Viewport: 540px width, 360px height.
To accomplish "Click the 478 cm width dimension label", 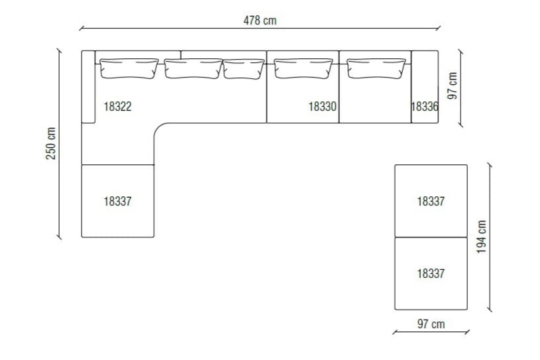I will point(260,21).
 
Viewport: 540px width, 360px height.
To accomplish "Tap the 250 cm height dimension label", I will point(51,143).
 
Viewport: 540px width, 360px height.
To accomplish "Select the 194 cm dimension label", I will point(482,237).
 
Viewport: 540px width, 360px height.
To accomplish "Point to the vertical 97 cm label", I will point(453,86).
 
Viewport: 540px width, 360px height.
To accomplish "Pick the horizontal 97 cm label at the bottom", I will point(431,324).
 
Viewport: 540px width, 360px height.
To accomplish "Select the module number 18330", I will point(323,105).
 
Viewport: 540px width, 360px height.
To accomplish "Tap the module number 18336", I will point(425,105).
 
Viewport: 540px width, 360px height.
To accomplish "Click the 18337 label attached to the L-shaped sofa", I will point(117,201).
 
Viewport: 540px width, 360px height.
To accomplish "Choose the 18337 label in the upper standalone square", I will point(431,201).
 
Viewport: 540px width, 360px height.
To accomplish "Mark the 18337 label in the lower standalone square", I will point(431,273).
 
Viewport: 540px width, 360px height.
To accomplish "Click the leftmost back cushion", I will point(129,68).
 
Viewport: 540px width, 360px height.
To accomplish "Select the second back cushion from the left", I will point(193,68).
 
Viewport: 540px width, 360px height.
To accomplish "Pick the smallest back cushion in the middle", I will point(243,68).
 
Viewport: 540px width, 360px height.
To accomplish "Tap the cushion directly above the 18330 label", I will point(303,68).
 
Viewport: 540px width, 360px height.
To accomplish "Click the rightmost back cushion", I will point(376,68).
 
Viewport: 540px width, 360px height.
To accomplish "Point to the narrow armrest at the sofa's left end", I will point(88,86).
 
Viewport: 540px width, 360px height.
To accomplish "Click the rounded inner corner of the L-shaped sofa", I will point(159,129).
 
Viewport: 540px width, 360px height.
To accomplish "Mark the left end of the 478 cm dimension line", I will point(80,29).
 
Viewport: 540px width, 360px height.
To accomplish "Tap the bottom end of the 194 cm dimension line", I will point(489,310).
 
